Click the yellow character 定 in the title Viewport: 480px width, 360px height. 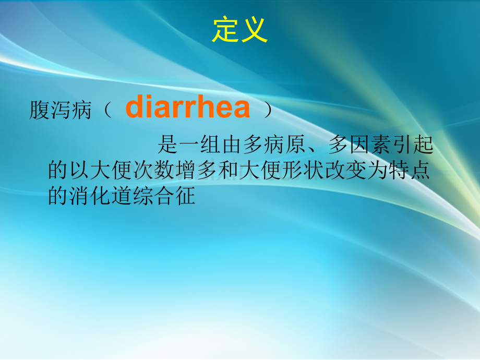point(225,30)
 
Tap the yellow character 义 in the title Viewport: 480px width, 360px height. point(255,30)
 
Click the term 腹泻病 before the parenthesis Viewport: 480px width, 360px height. point(61,110)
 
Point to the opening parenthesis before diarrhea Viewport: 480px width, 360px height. point(107,110)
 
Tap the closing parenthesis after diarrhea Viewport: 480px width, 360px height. point(268,110)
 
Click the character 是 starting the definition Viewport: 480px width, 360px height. point(168,144)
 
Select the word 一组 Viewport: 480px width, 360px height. point(200,144)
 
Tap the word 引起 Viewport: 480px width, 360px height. point(413,144)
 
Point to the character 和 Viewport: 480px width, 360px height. point(228,170)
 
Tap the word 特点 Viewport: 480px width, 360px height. point(409,170)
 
